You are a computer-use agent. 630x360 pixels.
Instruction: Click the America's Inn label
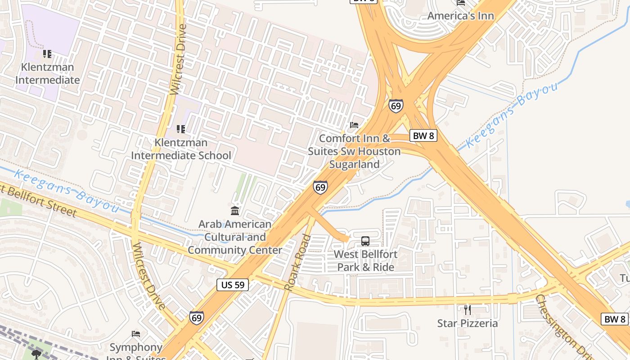[x=460, y=16]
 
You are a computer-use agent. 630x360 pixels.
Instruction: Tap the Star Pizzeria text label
[x=468, y=323]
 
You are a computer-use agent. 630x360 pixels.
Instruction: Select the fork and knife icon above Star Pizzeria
[x=468, y=310]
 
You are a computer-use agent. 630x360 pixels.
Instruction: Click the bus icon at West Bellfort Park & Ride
[x=365, y=241]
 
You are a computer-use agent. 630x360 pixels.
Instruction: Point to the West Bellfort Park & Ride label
[x=365, y=261]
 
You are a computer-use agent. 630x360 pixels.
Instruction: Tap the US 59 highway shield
[x=233, y=284]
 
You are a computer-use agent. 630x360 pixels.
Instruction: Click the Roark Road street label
[x=298, y=262]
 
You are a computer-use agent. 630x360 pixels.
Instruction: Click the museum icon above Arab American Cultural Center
[x=235, y=211]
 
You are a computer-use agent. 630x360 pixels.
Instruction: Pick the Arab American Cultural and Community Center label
[x=235, y=237]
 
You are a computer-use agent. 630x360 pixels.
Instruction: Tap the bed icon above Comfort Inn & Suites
[x=354, y=125]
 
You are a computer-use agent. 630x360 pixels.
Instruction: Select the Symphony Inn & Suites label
[x=136, y=348]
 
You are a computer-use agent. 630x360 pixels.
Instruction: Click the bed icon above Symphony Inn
[x=136, y=334]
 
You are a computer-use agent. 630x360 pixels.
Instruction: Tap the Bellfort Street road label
[x=40, y=200]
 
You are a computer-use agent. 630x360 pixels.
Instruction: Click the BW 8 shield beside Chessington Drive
[x=615, y=319]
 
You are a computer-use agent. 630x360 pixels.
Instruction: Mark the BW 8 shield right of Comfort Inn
[x=423, y=135]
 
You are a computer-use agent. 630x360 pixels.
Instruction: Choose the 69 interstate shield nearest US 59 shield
[x=196, y=317]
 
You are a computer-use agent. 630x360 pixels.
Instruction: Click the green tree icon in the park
[x=36, y=354]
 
